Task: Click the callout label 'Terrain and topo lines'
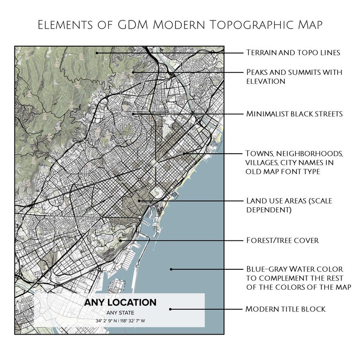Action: pos(292,53)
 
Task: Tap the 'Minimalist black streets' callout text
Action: pos(294,113)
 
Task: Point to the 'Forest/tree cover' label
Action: pos(282,240)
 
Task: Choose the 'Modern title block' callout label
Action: pos(285,309)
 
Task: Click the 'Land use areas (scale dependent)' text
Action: pos(289,205)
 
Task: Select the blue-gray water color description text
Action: pos(299,277)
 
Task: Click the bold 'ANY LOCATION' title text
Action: pos(120,302)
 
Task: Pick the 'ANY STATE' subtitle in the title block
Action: pos(120,313)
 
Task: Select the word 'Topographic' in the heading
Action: pos(249,25)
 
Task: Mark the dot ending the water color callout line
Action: pos(171,269)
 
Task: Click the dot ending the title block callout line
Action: pos(170,309)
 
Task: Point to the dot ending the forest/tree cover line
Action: pos(121,240)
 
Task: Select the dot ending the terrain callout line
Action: pos(97,53)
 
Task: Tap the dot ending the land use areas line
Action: pos(139,200)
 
